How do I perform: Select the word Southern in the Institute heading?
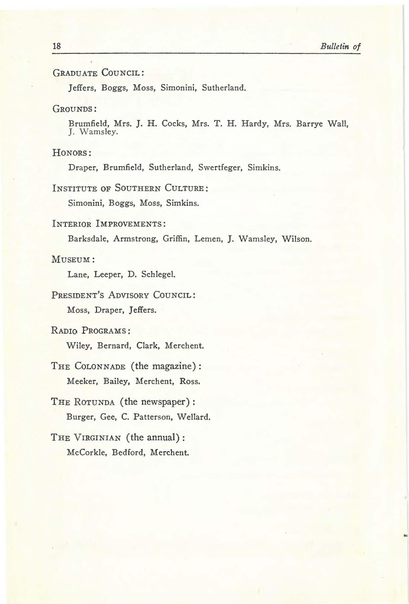[x=138, y=188]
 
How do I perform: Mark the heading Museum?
[x=73, y=259]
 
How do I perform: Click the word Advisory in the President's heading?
[x=128, y=295]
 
